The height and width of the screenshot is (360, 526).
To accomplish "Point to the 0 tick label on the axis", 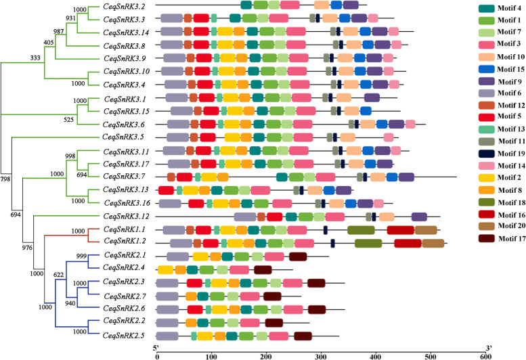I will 157,355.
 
